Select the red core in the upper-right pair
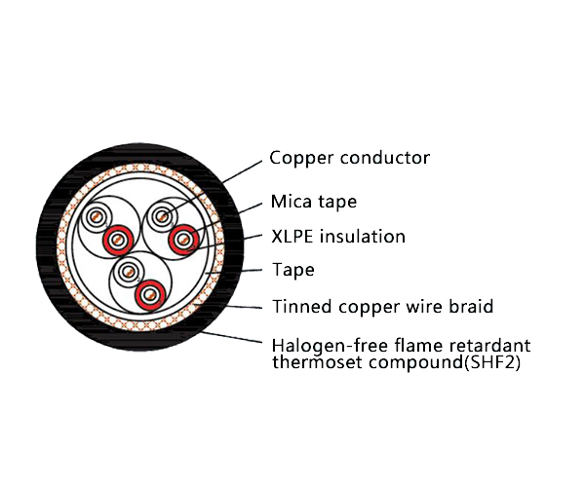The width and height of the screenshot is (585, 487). (182, 238)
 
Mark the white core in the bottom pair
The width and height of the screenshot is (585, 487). (128, 272)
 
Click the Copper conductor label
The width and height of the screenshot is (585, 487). (349, 158)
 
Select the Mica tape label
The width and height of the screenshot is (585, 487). (313, 203)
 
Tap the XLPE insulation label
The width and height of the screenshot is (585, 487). (337, 237)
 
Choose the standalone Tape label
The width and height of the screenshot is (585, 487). (292, 270)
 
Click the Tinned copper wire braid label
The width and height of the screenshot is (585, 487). (381, 307)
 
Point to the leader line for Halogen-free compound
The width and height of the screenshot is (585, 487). (234, 337)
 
